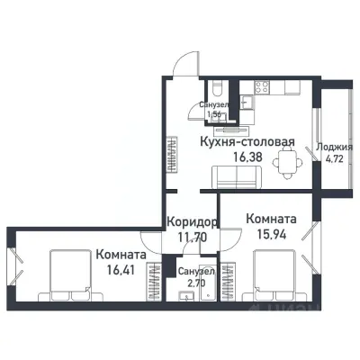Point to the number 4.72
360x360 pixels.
point(335,161)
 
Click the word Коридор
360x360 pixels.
point(193,222)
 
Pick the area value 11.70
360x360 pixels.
point(193,238)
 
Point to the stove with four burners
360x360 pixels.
point(264,88)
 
